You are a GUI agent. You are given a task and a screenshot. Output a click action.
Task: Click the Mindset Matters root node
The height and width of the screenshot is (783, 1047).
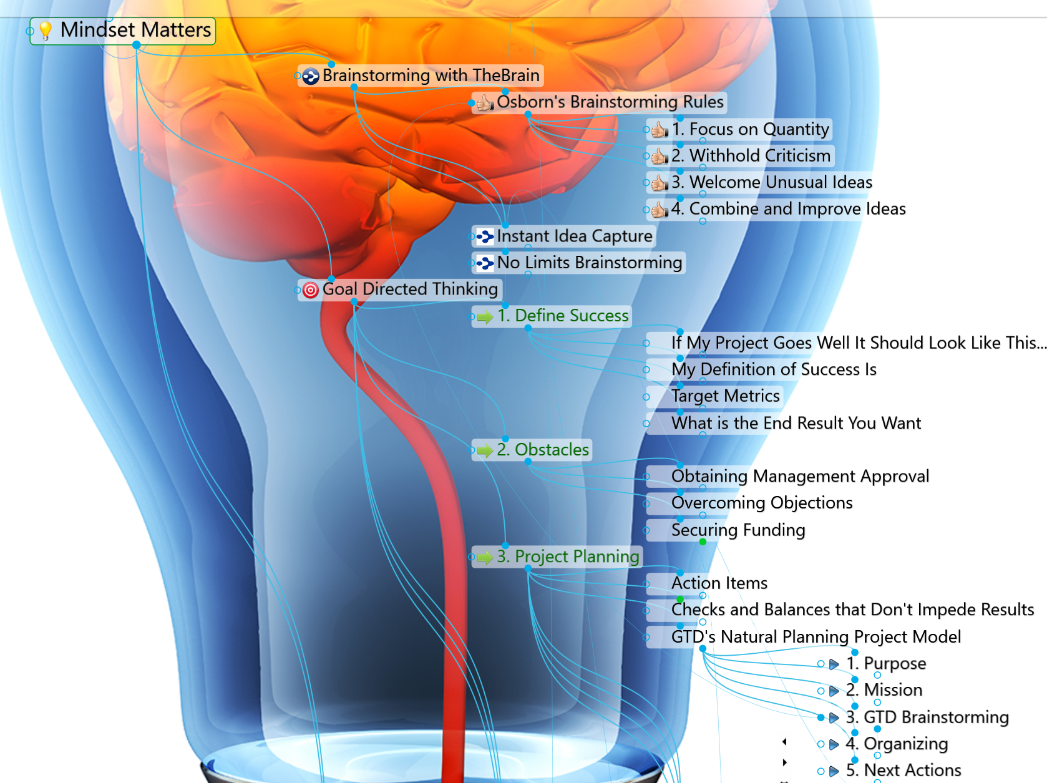click(x=122, y=31)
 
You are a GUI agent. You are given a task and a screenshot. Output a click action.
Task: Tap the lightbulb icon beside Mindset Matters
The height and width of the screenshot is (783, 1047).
click(x=46, y=31)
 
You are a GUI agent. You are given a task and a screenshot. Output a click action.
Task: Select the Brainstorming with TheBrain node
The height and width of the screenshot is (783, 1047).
click(x=421, y=75)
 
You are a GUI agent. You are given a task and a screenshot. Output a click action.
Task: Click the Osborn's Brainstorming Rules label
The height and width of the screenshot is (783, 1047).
click(x=610, y=102)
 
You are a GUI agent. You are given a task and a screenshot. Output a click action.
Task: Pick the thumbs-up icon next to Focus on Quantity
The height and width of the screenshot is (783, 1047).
click(x=660, y=129)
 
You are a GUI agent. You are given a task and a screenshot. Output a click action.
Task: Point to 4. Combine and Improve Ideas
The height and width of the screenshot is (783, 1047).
click(x=788, y=209)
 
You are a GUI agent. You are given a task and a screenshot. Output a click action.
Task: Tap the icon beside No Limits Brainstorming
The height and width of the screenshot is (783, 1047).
click(x=485, y=263)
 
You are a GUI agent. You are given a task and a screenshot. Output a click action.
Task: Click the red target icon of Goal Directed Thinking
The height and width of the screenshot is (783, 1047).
click(x=311, y=289)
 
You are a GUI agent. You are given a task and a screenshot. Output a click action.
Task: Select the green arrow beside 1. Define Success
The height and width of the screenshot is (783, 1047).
click(x=485, y=317)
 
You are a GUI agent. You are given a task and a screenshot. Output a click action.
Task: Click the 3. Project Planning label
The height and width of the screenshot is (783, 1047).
click(x=568, y=557)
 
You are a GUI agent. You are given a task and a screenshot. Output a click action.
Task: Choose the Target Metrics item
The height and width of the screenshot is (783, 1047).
click(x=725, y=396)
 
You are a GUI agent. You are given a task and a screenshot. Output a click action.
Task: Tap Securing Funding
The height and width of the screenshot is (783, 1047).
click(x=738, y=530)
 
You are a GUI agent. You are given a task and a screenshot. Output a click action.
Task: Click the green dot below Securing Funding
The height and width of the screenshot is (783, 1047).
click(x=703, y=542)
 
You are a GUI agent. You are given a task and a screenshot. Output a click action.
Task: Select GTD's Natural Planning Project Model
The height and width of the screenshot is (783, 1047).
click(x=816, y=636)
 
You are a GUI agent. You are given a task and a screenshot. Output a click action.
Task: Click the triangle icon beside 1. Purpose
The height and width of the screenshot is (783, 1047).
click(x=834, y=664)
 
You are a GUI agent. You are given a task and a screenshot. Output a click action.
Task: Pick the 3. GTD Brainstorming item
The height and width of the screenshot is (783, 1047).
click(x=927, y=717)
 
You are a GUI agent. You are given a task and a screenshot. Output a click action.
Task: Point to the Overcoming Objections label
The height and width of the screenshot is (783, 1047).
click(x=762, y=503)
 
